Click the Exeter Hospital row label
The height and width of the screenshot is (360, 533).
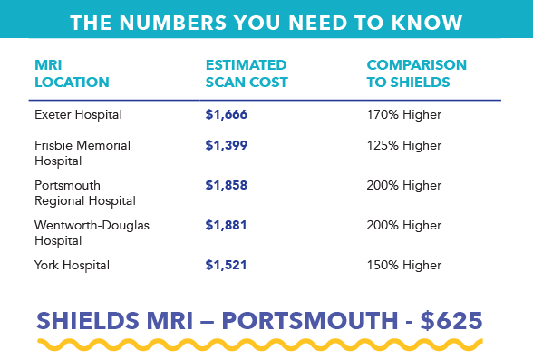coord(78,115)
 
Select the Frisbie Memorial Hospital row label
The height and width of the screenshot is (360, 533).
coord(82,152)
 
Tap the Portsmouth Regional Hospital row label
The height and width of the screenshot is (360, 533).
coord(84,192)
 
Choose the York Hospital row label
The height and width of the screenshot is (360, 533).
coord(72,266)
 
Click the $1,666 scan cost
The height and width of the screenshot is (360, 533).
coord(227,115)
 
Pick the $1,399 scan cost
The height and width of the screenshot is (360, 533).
coord(227,145)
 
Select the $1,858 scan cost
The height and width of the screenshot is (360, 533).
coord(227,185)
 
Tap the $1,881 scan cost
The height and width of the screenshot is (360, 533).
coord(227,225)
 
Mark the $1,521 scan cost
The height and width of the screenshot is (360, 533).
coord(227,266)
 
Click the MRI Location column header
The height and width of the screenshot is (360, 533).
coord(72,73)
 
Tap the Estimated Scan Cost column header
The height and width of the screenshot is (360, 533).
coord(247,73)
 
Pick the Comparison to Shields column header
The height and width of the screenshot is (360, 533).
coord(416,73)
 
